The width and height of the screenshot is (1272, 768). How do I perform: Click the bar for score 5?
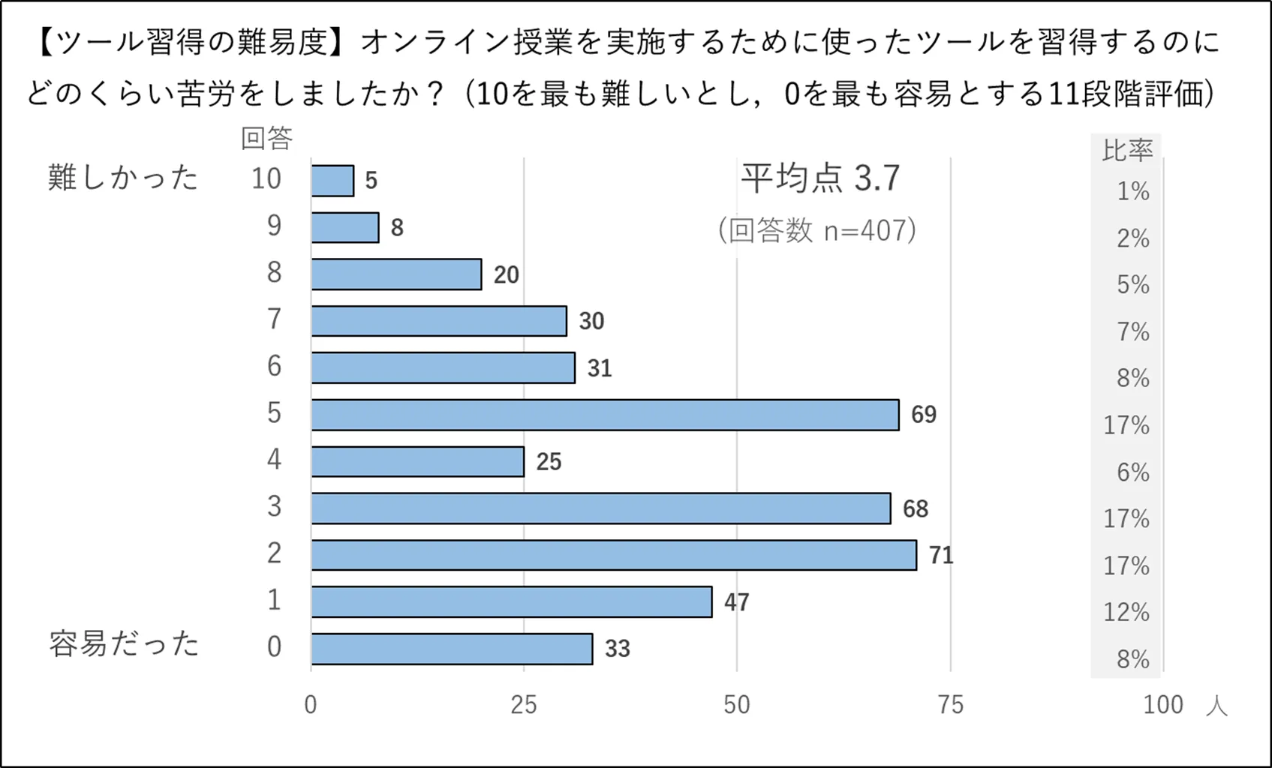(605, 415)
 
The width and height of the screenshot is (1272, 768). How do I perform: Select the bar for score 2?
(614, 555)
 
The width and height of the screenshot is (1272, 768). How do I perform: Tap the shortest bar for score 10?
(332, 181)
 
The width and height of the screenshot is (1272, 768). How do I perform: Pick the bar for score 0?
(452, 649)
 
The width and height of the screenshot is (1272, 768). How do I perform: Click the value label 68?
(915, 509)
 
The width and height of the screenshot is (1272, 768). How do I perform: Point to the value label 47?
(736, 602)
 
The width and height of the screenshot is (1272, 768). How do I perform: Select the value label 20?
(506, 275)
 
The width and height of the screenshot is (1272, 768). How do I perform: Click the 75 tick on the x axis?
(950, 705)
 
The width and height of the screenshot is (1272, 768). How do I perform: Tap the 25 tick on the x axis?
(523, 705)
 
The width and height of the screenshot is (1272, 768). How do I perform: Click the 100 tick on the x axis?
(1162, 705)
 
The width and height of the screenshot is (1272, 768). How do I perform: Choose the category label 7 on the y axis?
(274, 319)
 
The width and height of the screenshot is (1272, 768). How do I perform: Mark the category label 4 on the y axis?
(274, 459)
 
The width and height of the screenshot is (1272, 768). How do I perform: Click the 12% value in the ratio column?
(1126, 613)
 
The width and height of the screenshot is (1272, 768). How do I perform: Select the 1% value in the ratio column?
(1132, 192)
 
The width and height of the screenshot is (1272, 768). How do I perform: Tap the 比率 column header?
(1126, 150)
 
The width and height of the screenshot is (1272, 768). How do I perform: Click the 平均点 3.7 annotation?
(819, 178)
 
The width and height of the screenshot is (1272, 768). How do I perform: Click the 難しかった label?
(122, 178)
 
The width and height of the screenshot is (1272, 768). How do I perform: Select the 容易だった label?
(124, 644)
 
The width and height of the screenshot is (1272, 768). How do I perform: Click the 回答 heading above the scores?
(266, 138)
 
